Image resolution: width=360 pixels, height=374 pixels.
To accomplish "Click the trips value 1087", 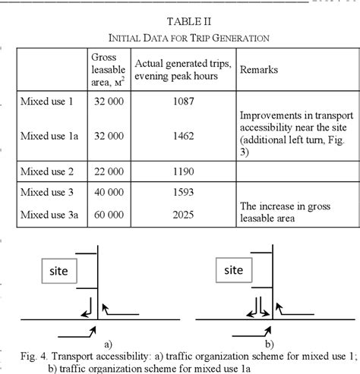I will point(183,100).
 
